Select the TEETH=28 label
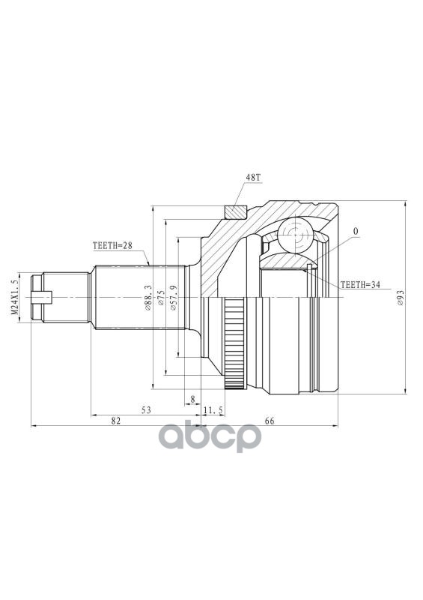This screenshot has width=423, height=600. click(112, 246)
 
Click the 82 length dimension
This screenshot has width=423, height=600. click(116, 421)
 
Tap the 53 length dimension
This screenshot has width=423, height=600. click(146, 410)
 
